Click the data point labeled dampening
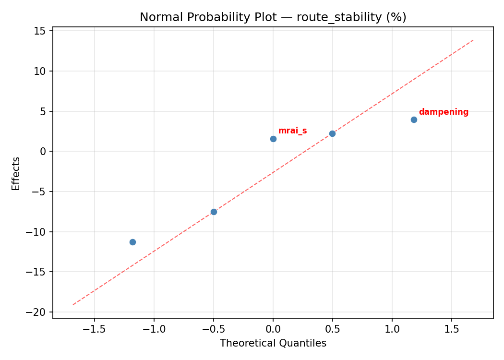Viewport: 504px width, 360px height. [x=414, y=120]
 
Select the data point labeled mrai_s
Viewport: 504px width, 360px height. [x=273, y=139]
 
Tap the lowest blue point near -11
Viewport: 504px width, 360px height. [x=132, y=242]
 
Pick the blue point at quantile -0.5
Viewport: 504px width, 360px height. [x=214, y=212]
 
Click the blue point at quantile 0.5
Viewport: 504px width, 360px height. [x=332, y=133]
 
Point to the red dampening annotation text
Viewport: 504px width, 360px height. [x=444, y=112]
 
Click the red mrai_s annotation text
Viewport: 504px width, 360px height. [x=292, y=131]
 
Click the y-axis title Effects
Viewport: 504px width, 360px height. [x=16, y=173]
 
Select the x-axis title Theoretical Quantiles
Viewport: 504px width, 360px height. [x=273, y=343]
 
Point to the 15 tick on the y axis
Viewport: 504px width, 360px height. [x=40, y=31]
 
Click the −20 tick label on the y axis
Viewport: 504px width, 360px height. [x=37, y=312]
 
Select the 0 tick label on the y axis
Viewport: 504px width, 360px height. [x=43, y=152]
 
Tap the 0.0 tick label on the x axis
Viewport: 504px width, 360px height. [x=273, y=329]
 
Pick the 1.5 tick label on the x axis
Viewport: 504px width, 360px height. [x=451, y=329]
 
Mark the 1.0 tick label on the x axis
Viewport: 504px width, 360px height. [x=392, y=329]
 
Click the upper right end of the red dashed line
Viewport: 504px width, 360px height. [x=473, y=40]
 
